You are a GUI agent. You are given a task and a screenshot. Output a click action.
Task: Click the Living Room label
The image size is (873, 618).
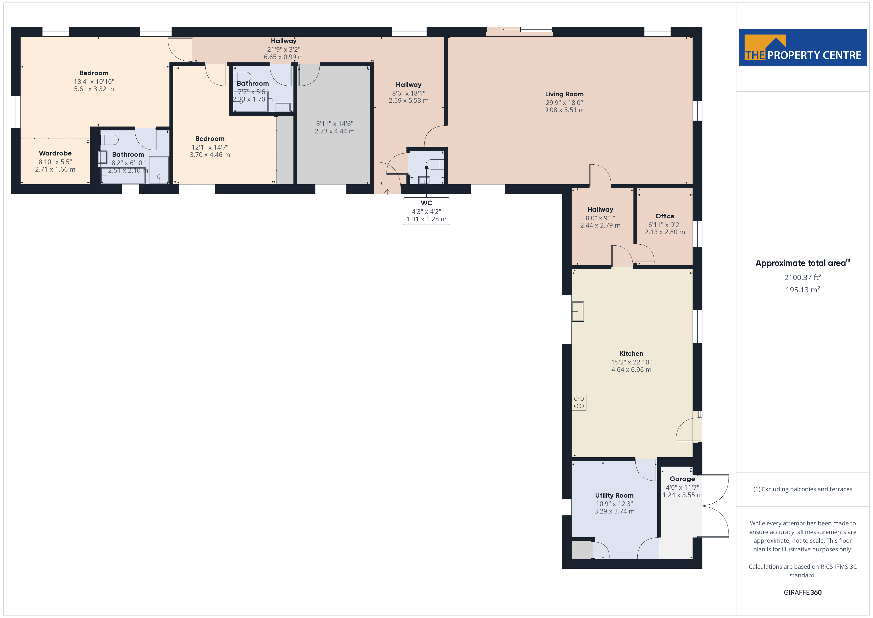[x=564, y=94]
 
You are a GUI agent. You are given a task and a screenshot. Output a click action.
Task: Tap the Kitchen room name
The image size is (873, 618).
[x=631, y=354]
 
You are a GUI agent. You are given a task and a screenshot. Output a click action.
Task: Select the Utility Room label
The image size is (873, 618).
[x=614, y=495]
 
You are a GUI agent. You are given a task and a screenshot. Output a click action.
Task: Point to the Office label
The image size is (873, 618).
[x=665, y=216]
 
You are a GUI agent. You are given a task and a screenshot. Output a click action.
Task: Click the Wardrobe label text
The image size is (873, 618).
[x=55, y=153]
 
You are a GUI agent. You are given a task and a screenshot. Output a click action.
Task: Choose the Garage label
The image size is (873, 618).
[x=682, y=479]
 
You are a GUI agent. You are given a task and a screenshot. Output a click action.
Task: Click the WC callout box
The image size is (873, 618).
[x=426, y=211]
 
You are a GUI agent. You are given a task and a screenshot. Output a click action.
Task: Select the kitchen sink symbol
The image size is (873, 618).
[x=578, y=311]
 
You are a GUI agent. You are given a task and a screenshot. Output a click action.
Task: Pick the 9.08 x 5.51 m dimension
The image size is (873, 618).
[x=564, y=110]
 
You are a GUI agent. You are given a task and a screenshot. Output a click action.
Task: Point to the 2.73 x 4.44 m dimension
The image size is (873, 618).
[x=335, y=131]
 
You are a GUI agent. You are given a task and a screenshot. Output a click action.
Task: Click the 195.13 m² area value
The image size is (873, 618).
[x=803, y=290]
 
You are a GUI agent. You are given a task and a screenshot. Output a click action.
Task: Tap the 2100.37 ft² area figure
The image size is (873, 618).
[x=803, y=277]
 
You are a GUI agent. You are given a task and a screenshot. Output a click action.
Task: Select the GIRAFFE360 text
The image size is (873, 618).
[x=803, y=592]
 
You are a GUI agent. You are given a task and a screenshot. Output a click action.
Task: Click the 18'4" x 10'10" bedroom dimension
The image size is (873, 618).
[x=94, y=81]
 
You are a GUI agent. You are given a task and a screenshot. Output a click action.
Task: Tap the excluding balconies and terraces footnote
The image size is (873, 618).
[x=803, y=489]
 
